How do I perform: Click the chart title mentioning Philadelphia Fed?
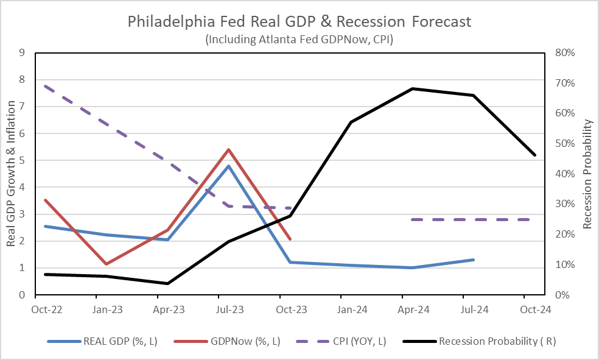299,22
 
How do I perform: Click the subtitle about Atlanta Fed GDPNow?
299,39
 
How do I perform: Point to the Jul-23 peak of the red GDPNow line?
228,149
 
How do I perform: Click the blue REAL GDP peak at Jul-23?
228,166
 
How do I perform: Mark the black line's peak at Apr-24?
413,88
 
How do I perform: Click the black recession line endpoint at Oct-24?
535,155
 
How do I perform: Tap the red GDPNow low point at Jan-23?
107,264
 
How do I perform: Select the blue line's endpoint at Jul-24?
474,259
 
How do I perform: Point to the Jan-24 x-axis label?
352,309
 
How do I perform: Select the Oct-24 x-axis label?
536,309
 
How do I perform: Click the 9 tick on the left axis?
22,52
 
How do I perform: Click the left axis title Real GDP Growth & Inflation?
11,174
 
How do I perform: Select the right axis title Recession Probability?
587,174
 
